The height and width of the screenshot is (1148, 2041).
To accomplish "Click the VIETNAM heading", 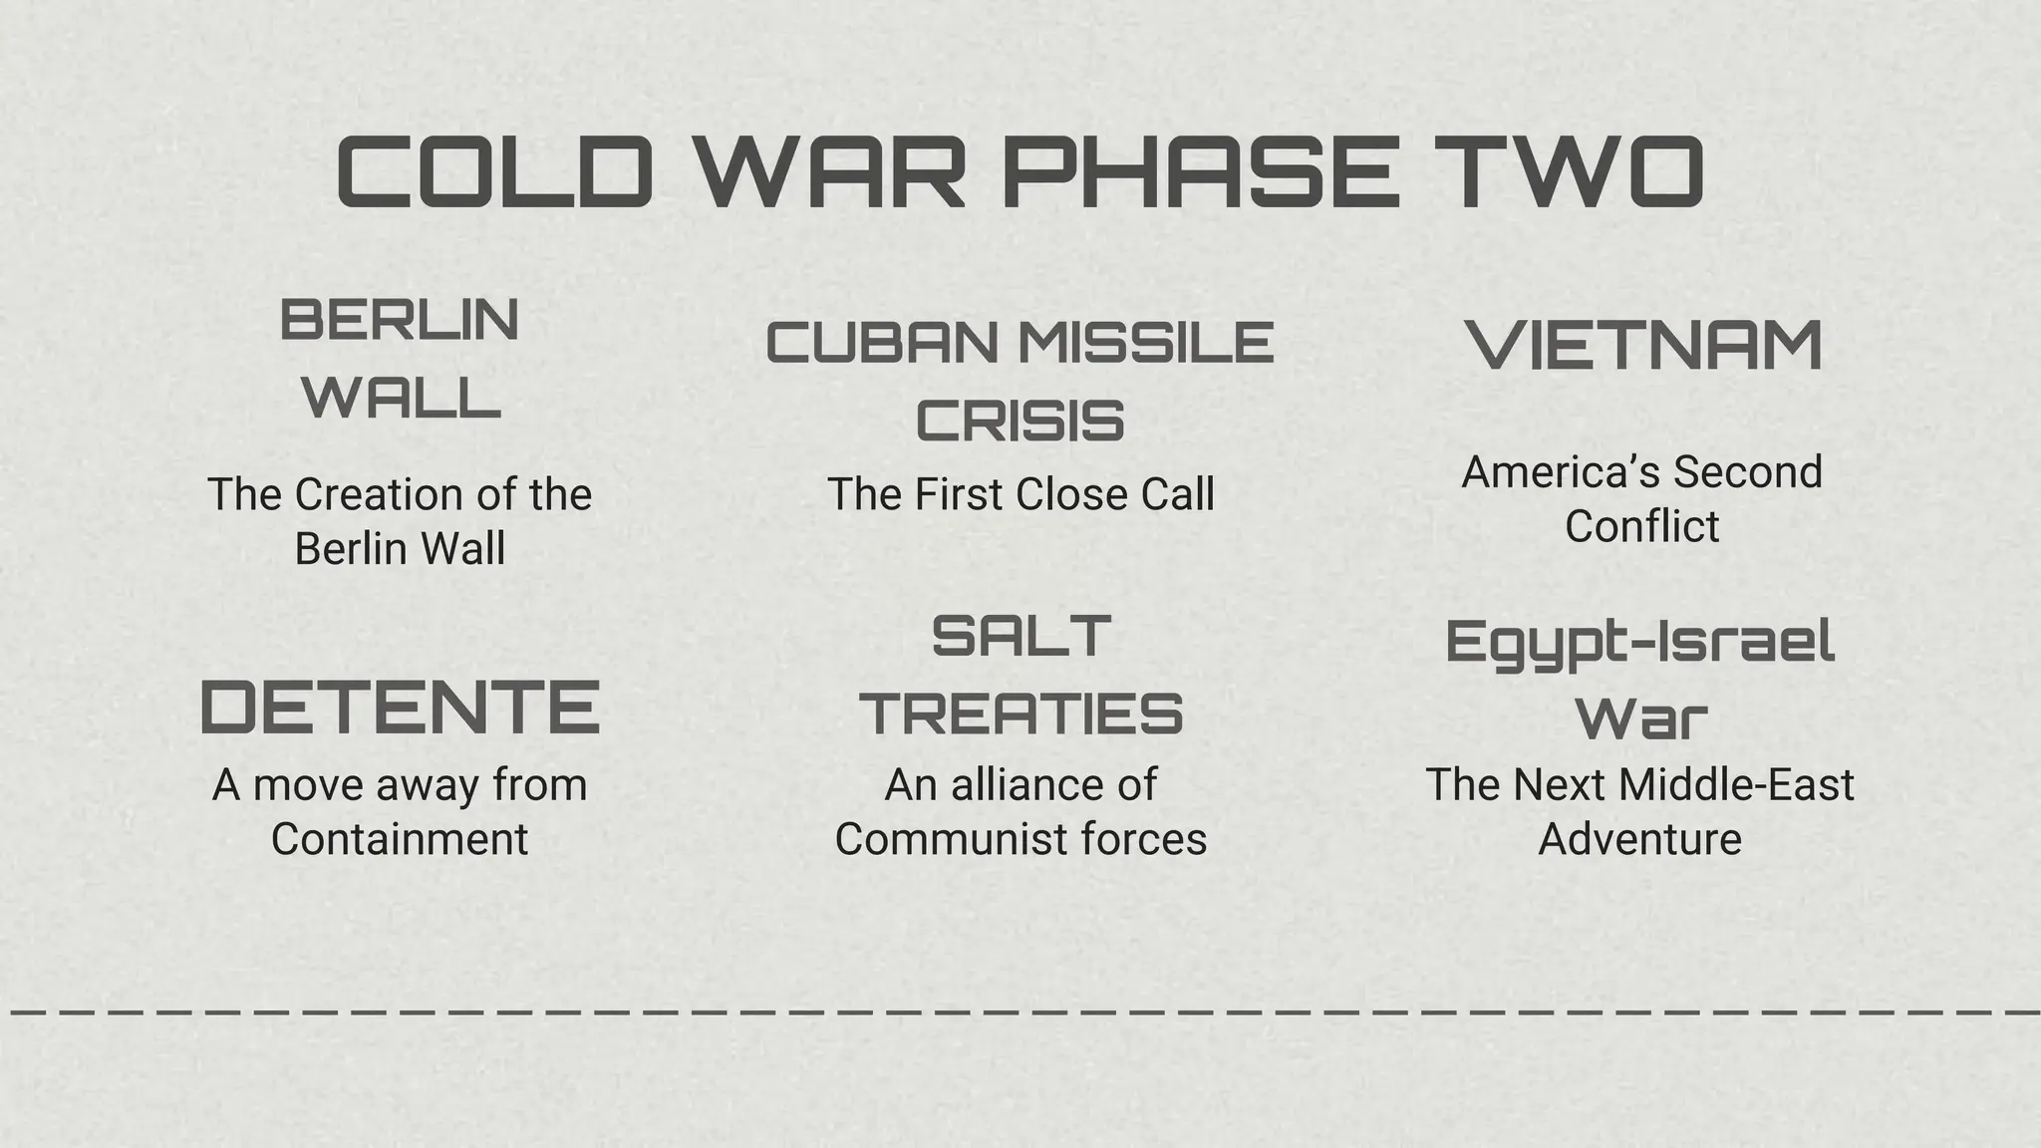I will (x=1643, y=346).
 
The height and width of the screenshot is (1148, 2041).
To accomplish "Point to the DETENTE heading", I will (x=400, y=707).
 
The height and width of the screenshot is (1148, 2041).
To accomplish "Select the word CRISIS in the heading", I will (x=1020, y=421).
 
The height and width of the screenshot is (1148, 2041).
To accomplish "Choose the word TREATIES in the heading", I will (x=1020, y=714).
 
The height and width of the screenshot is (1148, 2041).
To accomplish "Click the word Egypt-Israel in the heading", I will (x=1640, y=642).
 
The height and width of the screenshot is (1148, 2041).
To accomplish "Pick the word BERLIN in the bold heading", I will (x=400, y=320).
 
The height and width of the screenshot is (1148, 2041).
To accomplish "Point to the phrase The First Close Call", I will (x=1020, y=494).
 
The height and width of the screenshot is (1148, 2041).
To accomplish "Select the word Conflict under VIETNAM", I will (x=1641, y=526).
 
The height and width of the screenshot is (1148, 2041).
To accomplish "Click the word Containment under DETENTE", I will (x=400, y=839).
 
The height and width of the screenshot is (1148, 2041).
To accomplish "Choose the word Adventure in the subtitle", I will (x=1640, y=839).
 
